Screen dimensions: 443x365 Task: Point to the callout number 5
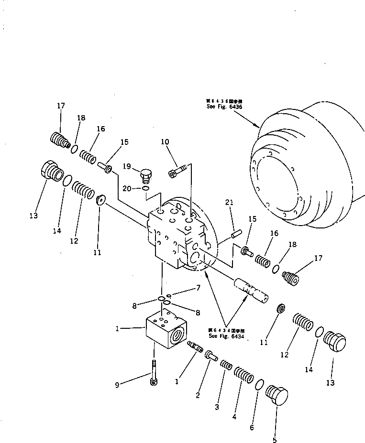click(275, 440)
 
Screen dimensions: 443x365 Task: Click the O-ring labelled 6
click(259, 385)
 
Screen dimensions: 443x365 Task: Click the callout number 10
click(165, 142)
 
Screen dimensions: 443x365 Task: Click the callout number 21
click(229, 203)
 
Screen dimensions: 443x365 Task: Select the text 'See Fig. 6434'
click(226, 336)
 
